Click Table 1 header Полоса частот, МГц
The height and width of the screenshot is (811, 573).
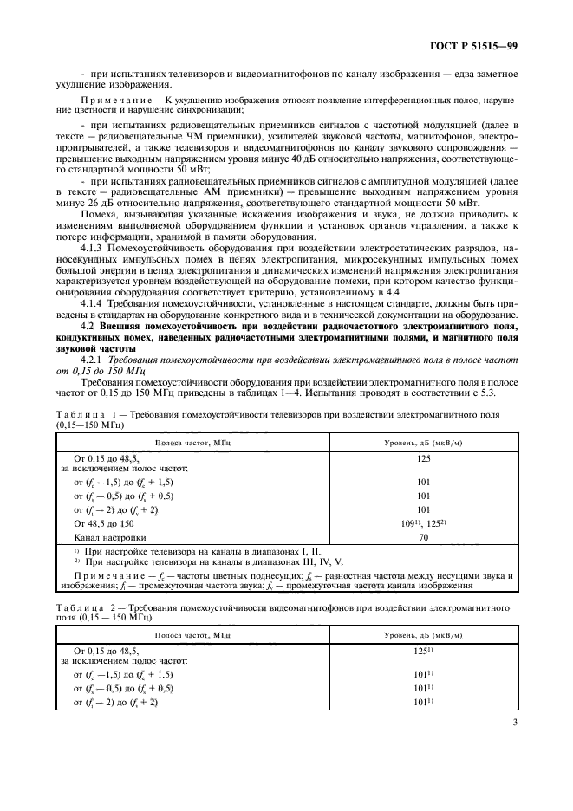[x=192, y=443]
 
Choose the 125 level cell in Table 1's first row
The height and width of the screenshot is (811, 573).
[x=423, y=459]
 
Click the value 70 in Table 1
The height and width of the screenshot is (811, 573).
[x=423, y=537]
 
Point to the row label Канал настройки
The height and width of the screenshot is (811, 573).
[x=104, y=537]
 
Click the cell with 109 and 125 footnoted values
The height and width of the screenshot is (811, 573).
[x=423, y=524]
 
